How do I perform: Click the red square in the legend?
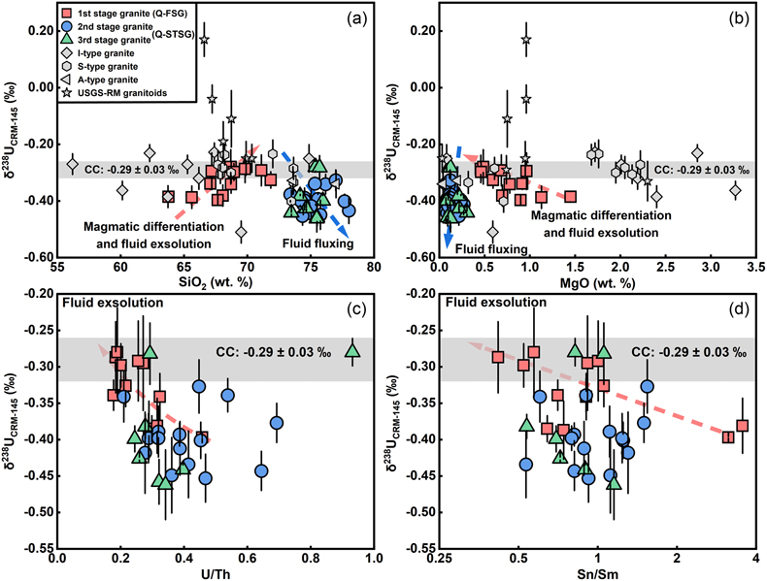68,14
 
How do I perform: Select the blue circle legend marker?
68,27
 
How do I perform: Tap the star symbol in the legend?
68,92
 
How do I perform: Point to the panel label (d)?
739,309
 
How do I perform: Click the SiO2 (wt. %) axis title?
216,281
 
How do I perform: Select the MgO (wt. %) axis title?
598,282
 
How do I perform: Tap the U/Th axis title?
216,573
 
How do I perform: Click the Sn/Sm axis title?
597,573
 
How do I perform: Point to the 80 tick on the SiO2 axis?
374,268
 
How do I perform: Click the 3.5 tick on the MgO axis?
755,268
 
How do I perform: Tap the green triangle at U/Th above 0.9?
353,350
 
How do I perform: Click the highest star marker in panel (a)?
205,40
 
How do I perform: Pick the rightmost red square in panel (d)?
743,426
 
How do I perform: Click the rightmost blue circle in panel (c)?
277,423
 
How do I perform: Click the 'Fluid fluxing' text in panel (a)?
317,243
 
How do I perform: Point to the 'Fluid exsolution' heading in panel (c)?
113,303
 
